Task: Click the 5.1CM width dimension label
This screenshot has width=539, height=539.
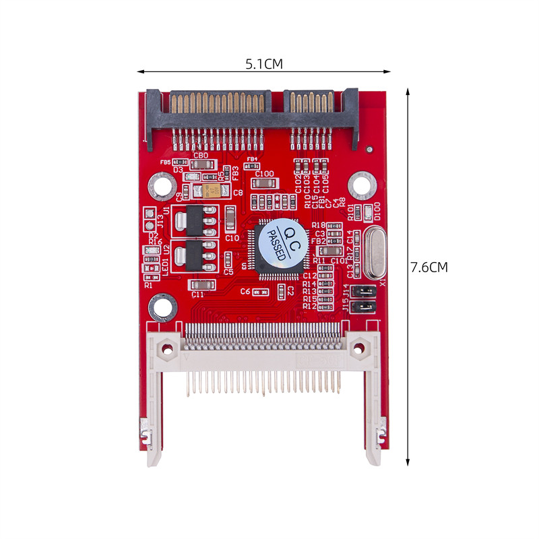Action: pyautogui.click(x=263, y=64)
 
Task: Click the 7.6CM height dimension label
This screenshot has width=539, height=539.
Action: pyautogui.click(x=429, y=267)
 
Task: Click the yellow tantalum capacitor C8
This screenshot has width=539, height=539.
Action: pyautogui.click(x=214, y=191)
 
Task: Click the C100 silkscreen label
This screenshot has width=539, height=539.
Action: pyautogui.click(x=265, y=174)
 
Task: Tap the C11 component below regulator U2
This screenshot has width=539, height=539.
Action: pyautogui.click(x=199, y=286)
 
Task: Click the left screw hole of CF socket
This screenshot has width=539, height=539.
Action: pyautogui.click(x=167, y=348)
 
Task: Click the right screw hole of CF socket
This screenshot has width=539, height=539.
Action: pyautogui.click(x=358, y=348)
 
